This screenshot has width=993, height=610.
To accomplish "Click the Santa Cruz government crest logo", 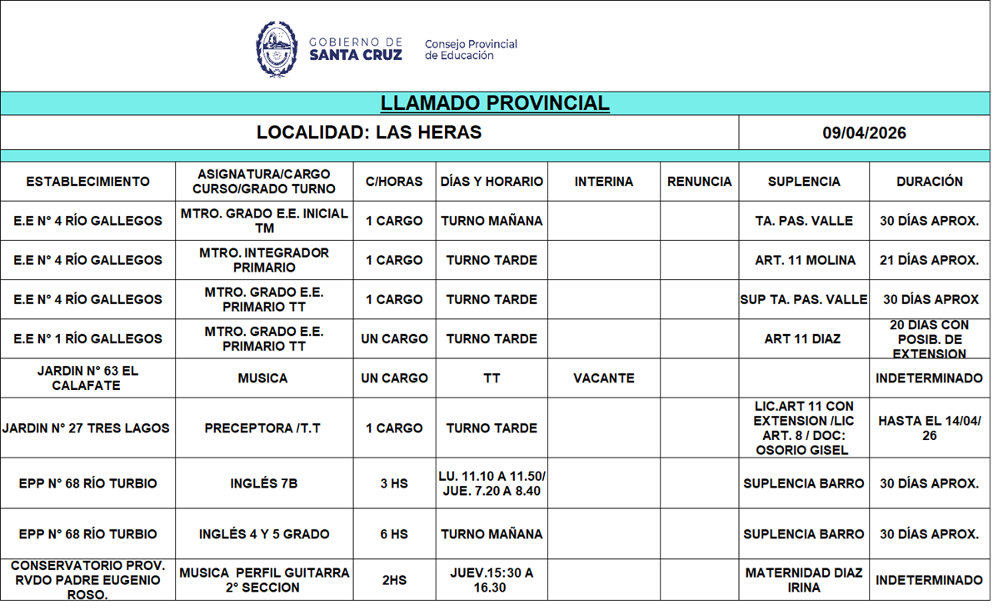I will [277, 49].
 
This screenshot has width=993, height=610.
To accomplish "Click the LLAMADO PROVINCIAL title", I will [495, 103].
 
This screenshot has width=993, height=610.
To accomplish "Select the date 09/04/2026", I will [864, 133].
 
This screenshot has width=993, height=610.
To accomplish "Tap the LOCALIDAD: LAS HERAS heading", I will [369, 132].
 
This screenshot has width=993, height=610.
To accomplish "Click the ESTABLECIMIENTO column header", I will [87, 182].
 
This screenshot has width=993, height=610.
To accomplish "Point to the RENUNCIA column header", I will [699, 182].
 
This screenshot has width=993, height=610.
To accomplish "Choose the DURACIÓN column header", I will [929, 182].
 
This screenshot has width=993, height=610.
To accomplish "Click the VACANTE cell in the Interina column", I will [603, 378].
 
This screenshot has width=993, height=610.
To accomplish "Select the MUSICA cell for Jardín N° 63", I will [262, 378].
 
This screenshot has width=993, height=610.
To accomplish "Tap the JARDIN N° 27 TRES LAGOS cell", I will [86, 428].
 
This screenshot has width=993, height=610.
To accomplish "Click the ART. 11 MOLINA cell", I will [805, 261].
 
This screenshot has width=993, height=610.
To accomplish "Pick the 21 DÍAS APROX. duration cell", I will [929, 261].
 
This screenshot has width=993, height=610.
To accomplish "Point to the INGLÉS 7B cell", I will [263, 483].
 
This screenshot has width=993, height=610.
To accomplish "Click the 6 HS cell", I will [394, 534].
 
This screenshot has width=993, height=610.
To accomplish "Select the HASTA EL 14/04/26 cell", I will [929, 428].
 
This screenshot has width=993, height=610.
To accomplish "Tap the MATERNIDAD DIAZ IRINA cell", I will [804, 580].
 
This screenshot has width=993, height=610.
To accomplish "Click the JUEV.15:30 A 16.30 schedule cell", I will [492, 580].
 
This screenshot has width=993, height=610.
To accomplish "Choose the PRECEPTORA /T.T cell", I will [262, 428].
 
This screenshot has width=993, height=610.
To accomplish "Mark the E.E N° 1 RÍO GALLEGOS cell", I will [87, 339].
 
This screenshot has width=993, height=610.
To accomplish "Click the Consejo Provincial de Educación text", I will [471, 50].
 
